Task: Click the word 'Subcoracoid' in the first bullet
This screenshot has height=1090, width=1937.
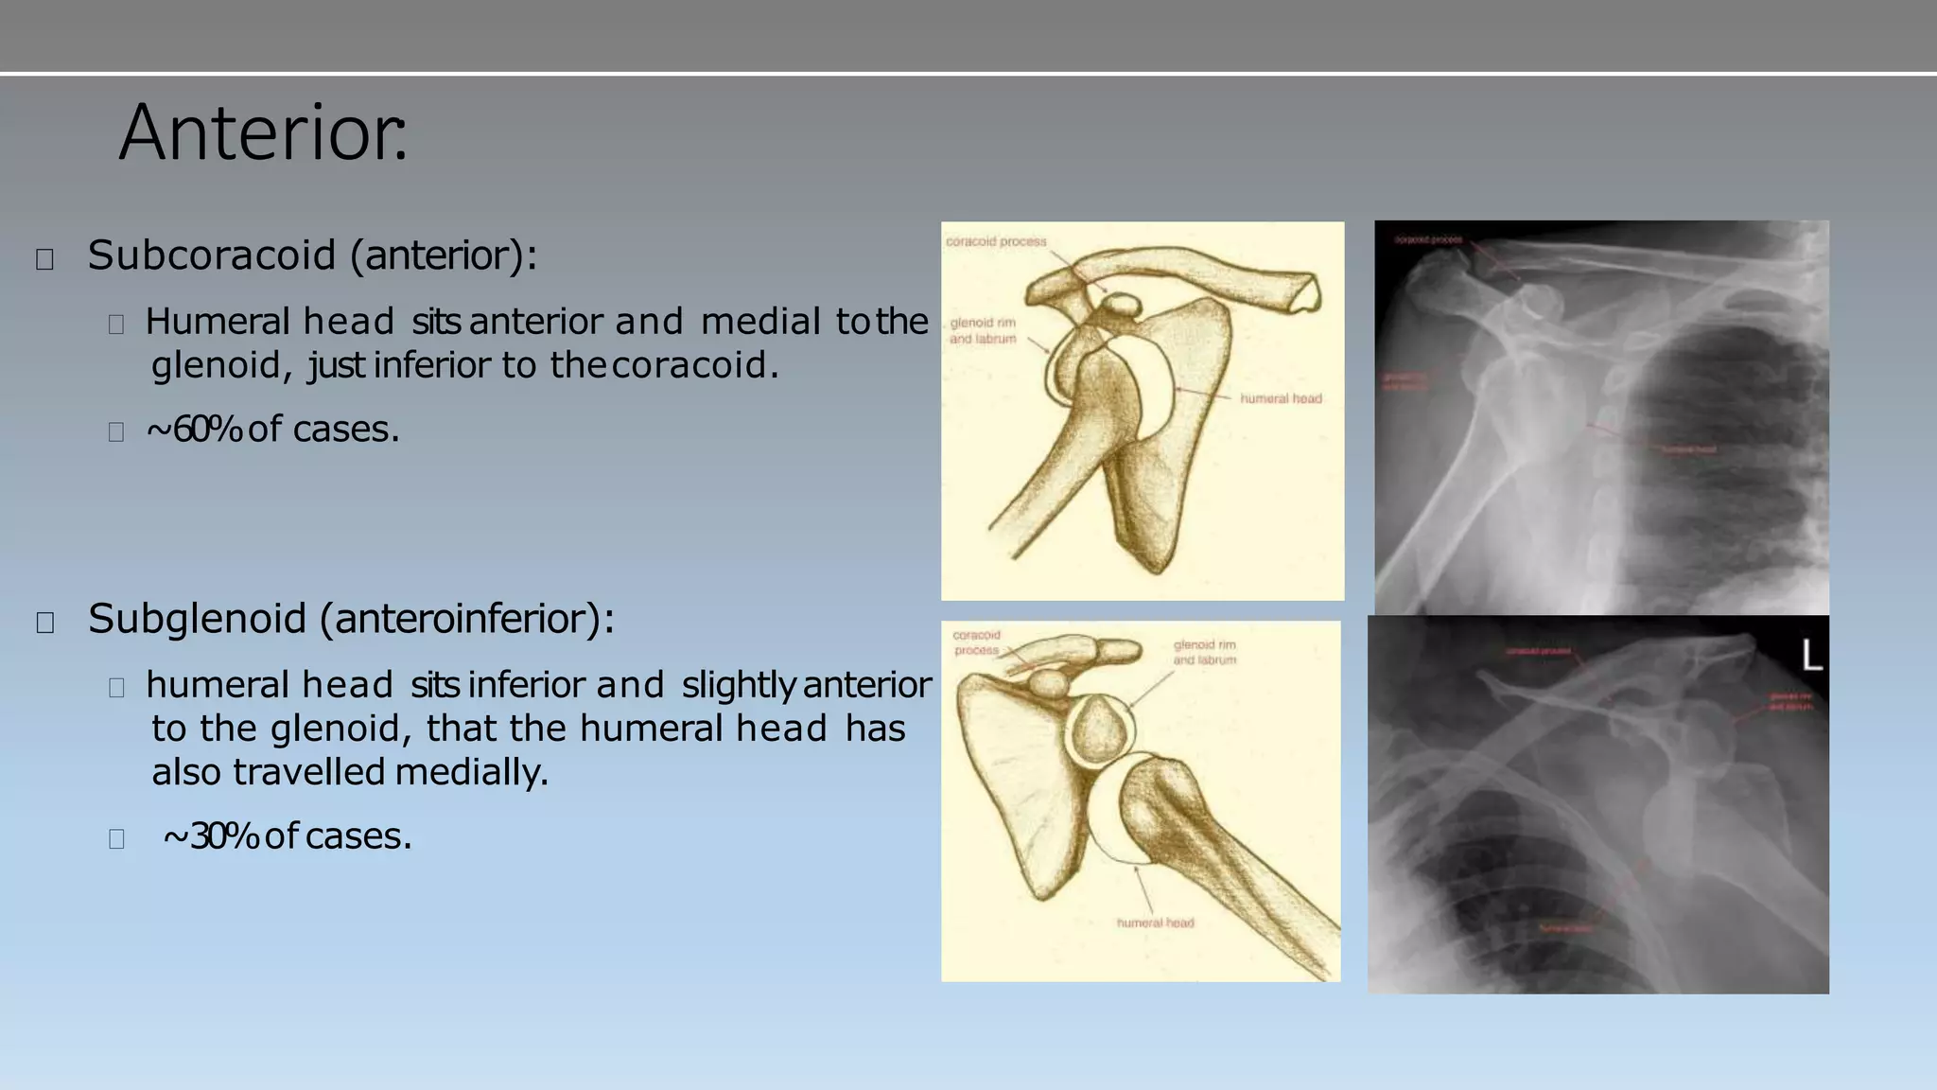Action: [x=212, y=255]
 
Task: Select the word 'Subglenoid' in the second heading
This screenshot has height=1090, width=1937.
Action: [x=197, y=619]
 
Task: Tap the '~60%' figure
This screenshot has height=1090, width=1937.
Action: [x=194, y=430]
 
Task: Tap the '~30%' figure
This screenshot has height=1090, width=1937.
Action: [x=211, y=836]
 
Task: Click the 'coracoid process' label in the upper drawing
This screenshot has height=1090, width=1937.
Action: [x=996, y=242]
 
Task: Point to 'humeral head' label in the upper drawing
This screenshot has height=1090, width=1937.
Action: [x=1281, y=399]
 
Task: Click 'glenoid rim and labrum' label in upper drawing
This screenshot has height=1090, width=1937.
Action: [x=983, y=331]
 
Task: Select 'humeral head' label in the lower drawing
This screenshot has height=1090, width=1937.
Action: [x=1155, y=923]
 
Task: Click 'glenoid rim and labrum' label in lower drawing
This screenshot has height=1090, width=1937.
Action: [x=1204, y=653]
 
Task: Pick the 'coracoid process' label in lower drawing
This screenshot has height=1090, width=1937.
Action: [x=976, y=642]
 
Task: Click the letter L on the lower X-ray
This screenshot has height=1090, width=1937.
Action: [x=1810, y=656]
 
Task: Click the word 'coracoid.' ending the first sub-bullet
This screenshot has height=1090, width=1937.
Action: [x=695, y=365]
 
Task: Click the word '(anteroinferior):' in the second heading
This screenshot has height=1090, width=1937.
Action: [x=467, y=619]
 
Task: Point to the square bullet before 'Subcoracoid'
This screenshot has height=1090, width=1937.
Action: [x=44, y=259]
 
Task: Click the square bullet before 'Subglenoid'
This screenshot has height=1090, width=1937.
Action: [x=44, y=623]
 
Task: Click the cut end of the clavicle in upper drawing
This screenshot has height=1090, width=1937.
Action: [x=1309, y=291]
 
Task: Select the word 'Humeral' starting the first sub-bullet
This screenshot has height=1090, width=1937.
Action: [x=218, y=322]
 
